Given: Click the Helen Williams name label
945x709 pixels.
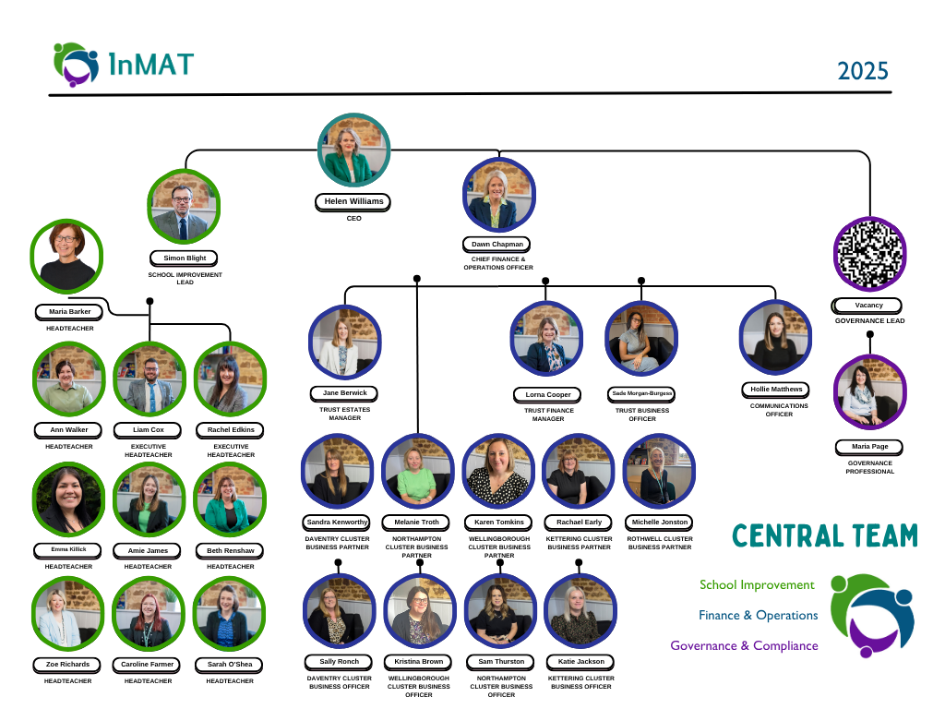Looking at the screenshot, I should coord(353,201).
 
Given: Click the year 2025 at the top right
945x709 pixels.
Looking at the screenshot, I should coord(863,70).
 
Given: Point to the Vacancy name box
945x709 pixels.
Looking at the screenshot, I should coord(867,306).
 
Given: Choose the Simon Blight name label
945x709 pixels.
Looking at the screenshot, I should coord(185,258).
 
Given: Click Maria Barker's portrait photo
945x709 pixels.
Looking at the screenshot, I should coord(66,254).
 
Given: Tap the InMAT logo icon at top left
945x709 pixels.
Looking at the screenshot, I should coord(76,63).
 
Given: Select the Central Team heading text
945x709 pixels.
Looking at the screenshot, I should coord(825,536).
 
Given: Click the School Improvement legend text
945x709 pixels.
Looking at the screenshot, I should coord(757,584).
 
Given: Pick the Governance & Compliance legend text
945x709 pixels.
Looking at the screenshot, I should coord(744,645).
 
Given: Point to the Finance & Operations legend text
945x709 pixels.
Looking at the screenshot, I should coord(758,615).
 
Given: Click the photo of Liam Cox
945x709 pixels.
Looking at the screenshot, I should coord(149,379).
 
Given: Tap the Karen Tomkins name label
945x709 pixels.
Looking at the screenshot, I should coord(498,522).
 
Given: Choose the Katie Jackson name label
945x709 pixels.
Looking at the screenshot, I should coord(580,662).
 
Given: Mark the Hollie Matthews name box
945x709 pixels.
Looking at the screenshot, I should coord(775,390).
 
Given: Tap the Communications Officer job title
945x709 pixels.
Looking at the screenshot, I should coord(779,410).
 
